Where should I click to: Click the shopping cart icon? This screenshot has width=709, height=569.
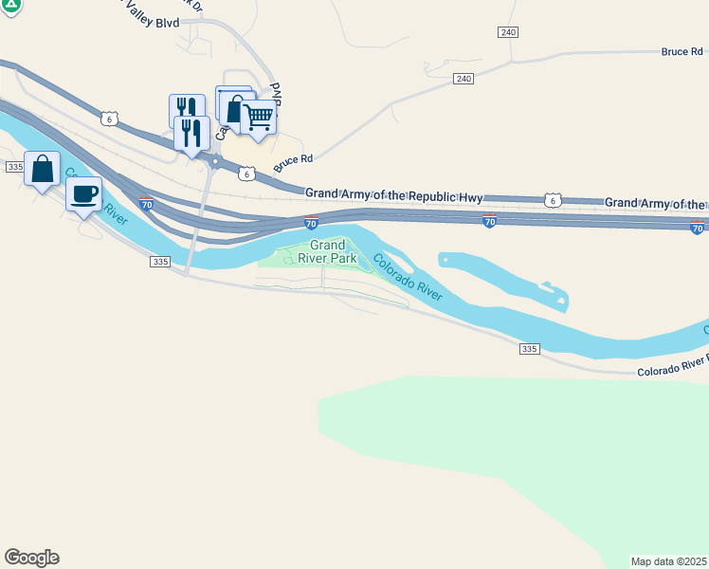258,119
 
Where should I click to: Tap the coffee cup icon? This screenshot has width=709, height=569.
83,194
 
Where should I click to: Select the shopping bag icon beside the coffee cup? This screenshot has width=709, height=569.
43,170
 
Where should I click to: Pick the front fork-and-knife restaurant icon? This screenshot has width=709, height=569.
192,133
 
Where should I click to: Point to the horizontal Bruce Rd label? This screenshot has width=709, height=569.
682,51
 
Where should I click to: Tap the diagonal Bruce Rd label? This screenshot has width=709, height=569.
293,163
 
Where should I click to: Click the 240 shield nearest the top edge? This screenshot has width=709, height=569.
508,32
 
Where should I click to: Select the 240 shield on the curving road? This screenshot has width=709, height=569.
463,78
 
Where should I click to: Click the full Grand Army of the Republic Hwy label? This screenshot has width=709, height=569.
394,194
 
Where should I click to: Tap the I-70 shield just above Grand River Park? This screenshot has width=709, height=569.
311,224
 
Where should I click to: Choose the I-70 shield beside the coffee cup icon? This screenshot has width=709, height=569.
147,204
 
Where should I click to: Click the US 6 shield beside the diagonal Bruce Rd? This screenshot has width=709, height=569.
246,174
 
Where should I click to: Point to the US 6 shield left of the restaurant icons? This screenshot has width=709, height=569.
110,118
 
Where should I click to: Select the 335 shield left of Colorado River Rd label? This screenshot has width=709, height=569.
529,350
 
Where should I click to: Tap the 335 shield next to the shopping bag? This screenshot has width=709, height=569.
14,166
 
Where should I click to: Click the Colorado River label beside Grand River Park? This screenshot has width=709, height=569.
408,278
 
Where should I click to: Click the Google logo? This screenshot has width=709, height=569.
31,558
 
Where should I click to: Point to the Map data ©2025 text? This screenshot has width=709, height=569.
669,561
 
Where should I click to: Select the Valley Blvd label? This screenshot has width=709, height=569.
150,22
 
